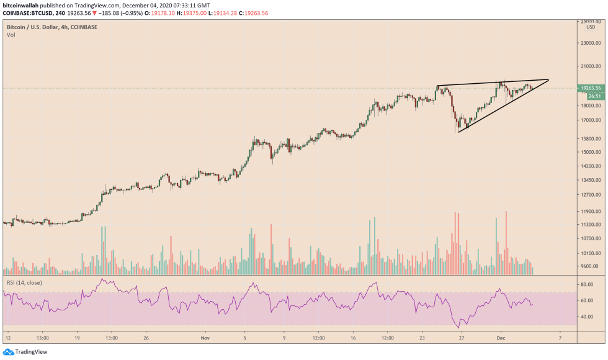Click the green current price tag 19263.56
[590, 88]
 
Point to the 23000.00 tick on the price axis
[589, 43]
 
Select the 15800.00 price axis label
[589, 138]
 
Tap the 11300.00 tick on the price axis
[589, 225]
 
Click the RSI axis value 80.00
[588, 284]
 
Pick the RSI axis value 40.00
[588, 317]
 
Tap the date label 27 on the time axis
[462, 338]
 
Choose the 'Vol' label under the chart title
[11, 35]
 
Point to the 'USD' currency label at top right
[590, 27]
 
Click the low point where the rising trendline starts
[458, 132]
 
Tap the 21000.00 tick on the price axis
[589, 66]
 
